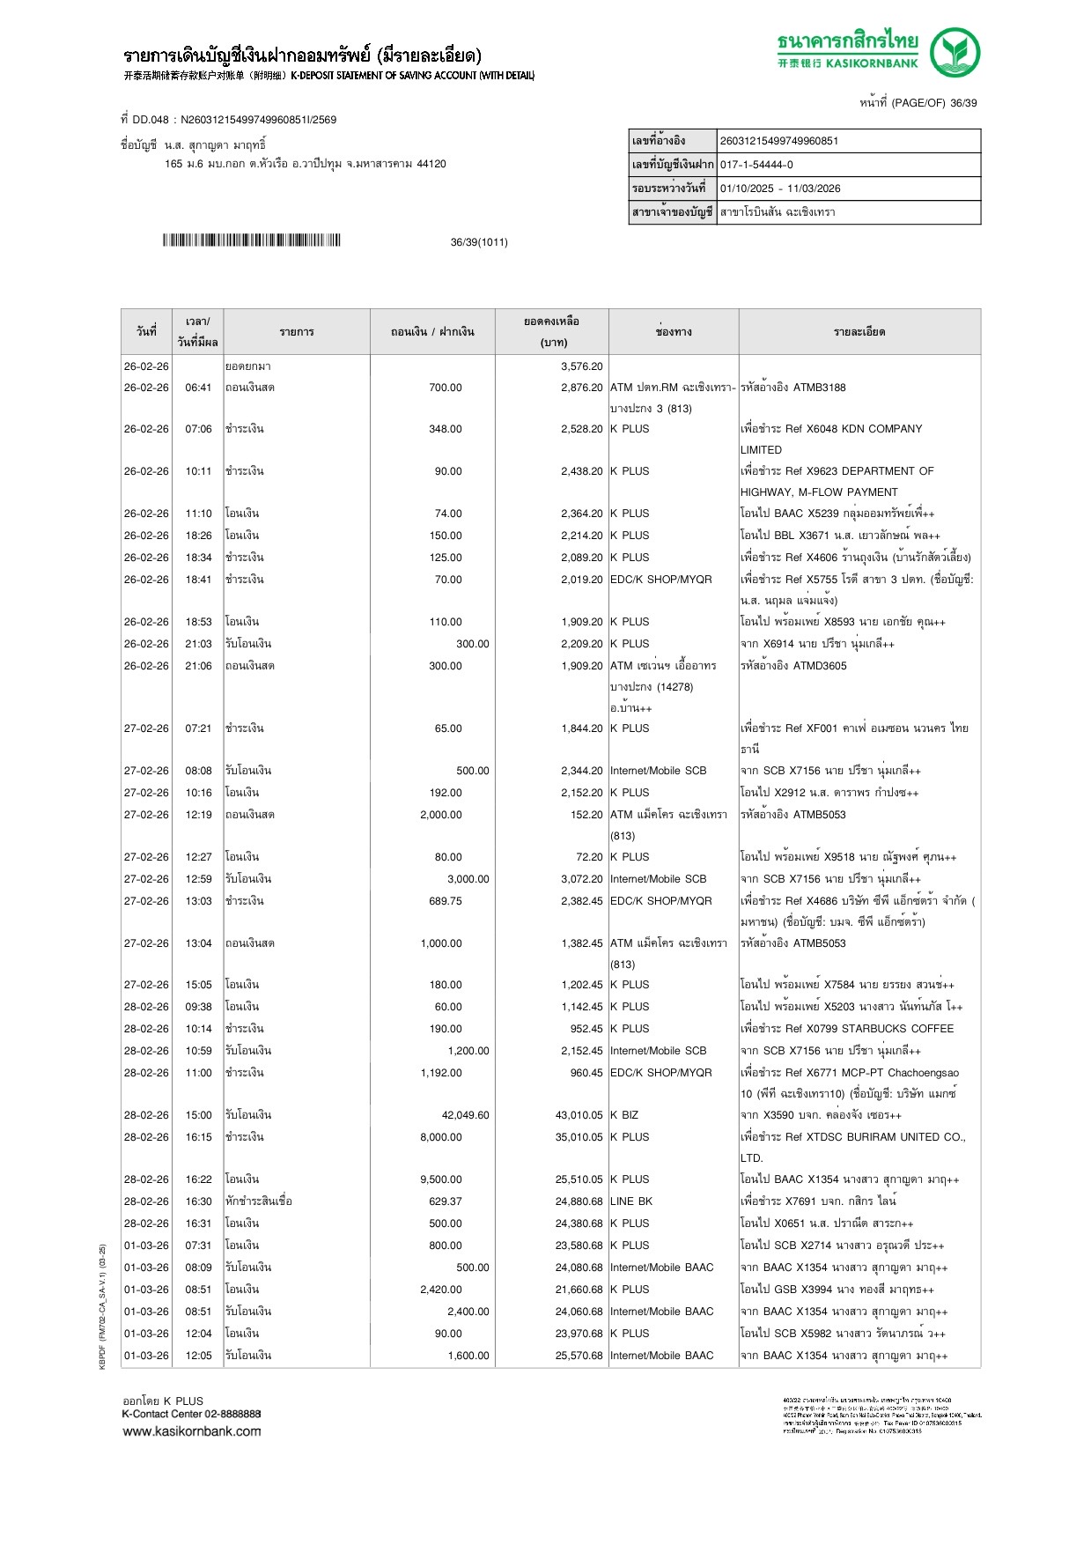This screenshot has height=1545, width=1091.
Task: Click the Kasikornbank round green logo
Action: tap(955, 52)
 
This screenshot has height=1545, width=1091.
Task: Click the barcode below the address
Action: tap(251, 240)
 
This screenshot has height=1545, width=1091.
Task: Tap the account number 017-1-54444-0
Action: tap(756, 165)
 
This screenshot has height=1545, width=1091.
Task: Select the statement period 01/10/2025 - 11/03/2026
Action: tap(780, 189)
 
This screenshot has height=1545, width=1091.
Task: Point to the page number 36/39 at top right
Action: tap(963, 103)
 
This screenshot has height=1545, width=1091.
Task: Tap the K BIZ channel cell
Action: tap(624, 1115)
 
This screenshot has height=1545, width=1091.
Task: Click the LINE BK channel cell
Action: tap(631, 1201)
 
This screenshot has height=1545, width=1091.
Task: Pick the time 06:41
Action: tap(198, 388)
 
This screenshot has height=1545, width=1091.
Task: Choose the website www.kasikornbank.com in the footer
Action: tap(192, 1431)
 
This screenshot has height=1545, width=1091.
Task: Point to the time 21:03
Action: tap(198, 644)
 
